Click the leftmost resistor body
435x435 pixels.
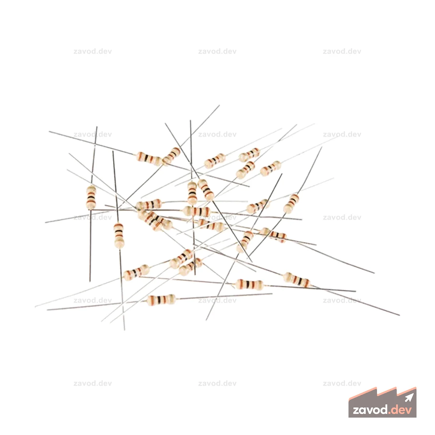(x=91, y=197)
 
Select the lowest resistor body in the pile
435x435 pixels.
(x=161, y=299)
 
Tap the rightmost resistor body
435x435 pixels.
(x=297, y=280)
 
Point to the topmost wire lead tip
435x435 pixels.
(x=219, y=105)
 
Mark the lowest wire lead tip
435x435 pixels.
(x=124, y=330)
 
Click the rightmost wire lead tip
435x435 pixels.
(x=399, y=315)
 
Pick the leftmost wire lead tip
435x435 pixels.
(x=35, y=307)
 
